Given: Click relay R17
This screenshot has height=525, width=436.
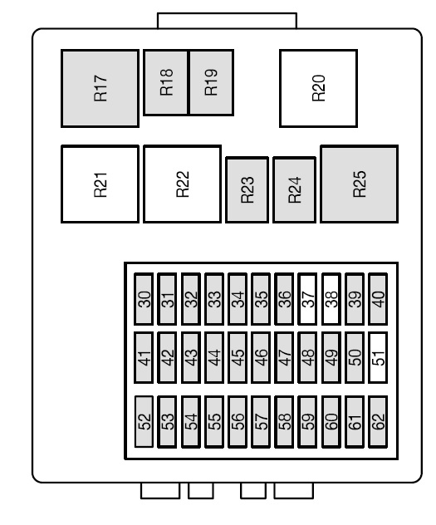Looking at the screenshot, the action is click(x=100, y=88).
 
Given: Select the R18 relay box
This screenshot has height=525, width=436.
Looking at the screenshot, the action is click(x=166, y=82).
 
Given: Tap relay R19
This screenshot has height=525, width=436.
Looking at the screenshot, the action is click(x=211, y=82).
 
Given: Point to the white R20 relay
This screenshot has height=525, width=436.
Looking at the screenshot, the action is click(x=318, y=88).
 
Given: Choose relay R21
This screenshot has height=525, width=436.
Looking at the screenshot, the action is click(x=100, y=184).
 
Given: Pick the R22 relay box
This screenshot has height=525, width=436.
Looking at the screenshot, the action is click(x=182, y=184).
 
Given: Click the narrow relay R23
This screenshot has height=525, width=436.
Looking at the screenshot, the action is click(x=247, y=190).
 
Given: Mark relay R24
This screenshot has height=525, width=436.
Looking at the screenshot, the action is click(x=294, y=190).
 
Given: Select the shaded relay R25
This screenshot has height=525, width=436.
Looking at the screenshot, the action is click(x=359, y=184).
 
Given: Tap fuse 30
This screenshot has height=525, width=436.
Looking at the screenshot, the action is click(x=144, y=299).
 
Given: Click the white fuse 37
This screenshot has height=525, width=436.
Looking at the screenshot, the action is click(x=307, y=299).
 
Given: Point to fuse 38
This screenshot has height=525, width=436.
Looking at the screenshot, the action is click(x=331, y=299).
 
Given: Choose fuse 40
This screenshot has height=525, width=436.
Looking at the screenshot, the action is click(x=378, y=299).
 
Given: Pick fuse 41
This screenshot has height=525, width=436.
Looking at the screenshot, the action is click(x=144, y=357).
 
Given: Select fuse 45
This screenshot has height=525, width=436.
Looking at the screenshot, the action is click(x=238, y=357).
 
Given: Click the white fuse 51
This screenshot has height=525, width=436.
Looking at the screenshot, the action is click(x=378, y=357).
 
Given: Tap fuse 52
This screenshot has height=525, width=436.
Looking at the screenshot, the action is click(x=144, y=422).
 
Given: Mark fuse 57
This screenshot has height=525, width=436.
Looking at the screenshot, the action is click(x=261, y=422).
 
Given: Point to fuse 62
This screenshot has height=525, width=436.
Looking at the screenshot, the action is click(x=378, y=422).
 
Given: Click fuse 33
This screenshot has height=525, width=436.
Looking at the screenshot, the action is click(x=213, y=299).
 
